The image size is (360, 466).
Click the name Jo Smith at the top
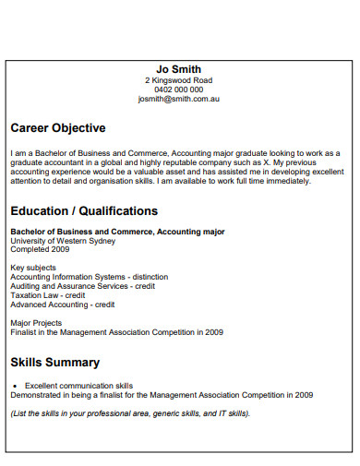click(179, 69)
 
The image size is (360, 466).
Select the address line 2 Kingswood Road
click(179, 80)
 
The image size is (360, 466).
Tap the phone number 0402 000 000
click(179, 90)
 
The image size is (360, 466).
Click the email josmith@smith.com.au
click(179, 99)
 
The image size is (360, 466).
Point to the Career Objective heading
click(57, 128)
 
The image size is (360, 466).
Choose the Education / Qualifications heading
click(84, 211)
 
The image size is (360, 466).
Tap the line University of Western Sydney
click(63, 241)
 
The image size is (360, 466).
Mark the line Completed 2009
click(40, 249)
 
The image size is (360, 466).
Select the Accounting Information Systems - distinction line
click(89, 277)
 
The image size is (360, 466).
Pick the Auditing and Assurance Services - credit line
click(83, 286)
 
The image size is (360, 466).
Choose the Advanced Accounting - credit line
click(63, 305)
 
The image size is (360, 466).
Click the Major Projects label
click(36, 323)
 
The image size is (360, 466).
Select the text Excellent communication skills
click(78, 385)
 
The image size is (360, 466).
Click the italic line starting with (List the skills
click(130, 412)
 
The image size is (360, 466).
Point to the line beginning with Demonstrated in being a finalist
click(161, 394)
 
